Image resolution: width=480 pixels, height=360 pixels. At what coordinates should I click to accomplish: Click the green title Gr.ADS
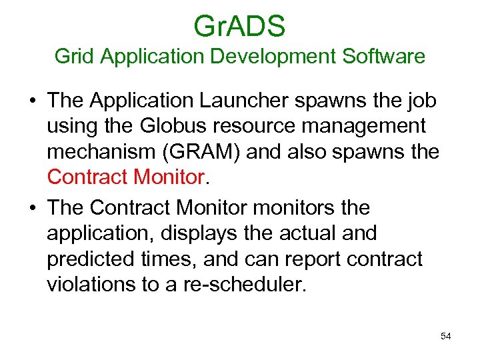point(239,26)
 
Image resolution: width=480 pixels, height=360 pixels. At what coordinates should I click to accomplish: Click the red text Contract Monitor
point(125,177)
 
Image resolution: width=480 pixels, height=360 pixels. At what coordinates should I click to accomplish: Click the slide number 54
point(446,336)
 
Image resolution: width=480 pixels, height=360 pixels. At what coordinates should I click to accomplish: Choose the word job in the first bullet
point(423,101)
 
